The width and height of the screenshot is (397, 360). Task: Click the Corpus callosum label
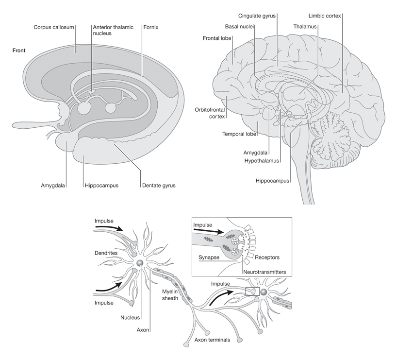[53, 27]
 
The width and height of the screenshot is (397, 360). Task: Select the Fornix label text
[151, 27]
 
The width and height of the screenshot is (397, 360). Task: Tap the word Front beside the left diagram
[20, 50]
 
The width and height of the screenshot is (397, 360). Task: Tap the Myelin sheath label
[171, 294]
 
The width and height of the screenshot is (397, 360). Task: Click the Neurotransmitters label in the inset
[264, 272]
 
